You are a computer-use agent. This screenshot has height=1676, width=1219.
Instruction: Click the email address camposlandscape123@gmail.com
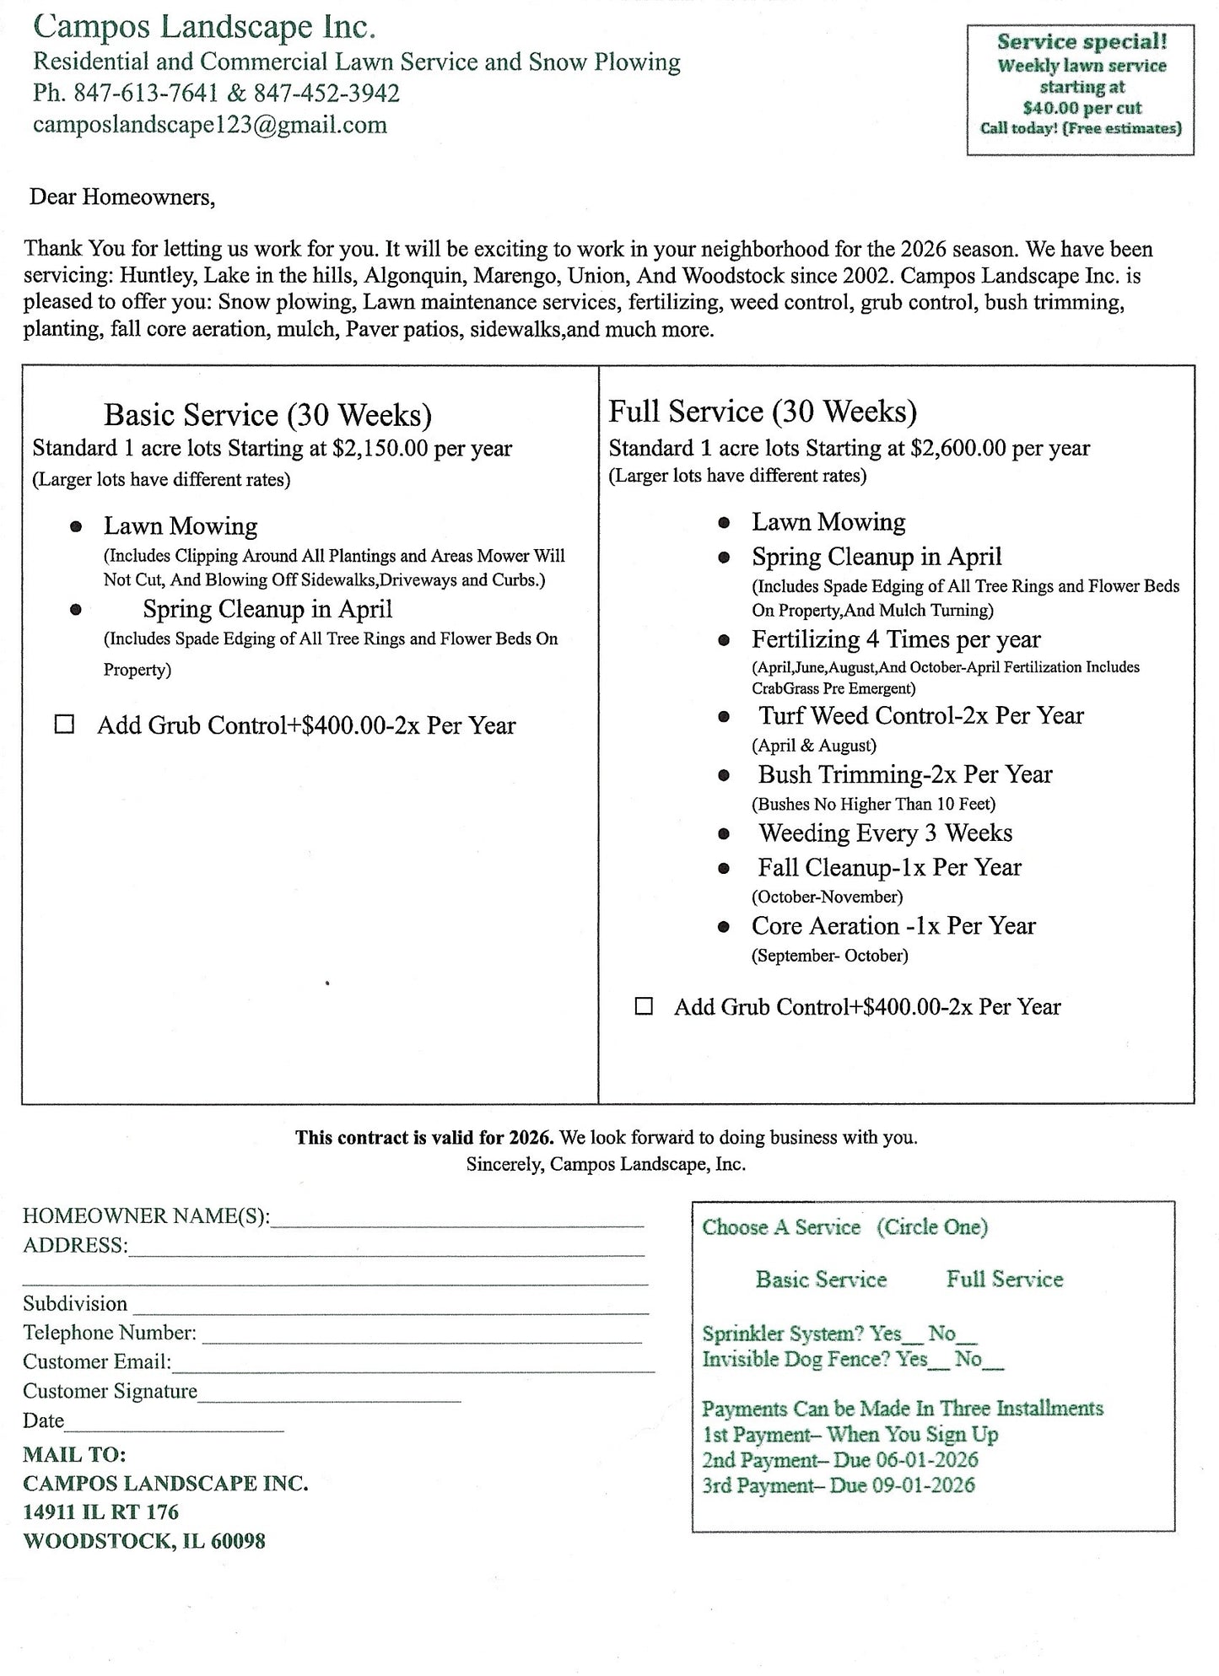coord(210,125)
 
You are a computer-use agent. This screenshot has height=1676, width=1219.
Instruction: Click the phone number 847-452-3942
coord(326,93)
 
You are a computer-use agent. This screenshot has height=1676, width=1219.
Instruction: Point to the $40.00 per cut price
coord(1081,108)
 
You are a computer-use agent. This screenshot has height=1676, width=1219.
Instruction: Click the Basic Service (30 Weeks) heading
coord(267,415)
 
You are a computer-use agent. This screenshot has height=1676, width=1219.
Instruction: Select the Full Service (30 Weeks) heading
coord(763,412)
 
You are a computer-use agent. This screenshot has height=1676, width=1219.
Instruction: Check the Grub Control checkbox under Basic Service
coord(64,725)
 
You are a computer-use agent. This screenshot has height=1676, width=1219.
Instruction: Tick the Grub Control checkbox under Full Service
coord(644,1005)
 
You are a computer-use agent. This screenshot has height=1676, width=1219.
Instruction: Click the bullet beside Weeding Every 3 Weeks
coord(724,834)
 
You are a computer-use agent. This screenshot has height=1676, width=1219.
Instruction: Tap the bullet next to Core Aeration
coord(724,927)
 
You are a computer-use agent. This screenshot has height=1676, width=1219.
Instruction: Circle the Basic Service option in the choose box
coord(821,1280)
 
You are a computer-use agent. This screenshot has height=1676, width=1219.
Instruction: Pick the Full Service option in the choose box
coord(1004,1280)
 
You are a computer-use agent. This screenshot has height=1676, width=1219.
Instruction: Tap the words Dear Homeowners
coord(122,197)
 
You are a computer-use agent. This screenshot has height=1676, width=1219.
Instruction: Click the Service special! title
coord(1081,42)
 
